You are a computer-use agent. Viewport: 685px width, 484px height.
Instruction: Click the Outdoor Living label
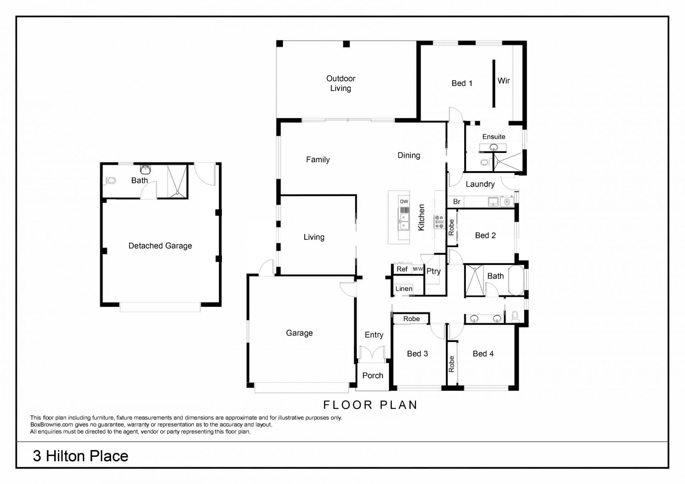click(x=341, y=83)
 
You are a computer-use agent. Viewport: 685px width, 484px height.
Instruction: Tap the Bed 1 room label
click(x=462, y=83)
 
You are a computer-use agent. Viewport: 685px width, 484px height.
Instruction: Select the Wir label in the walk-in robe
click(x=503, y=81)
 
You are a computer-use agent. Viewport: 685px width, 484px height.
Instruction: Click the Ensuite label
click(x=494, y=137)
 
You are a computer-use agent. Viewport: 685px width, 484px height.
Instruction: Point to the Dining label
click(x=409, y=156)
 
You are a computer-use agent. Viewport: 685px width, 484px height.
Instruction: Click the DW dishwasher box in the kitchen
click(x=404, y=202)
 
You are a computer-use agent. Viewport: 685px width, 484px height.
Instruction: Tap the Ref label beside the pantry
click(x=402, y=269)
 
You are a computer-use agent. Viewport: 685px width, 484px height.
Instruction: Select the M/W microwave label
click(x=418, y=269)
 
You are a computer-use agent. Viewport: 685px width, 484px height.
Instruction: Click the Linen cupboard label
click(x=404, y=289)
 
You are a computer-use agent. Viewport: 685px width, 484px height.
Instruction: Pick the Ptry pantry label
click(x=433, y=271)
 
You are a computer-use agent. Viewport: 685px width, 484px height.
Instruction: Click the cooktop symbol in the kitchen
click(x=439, y=221)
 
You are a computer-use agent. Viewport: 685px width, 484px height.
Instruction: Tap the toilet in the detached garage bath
click(x=111, y=180)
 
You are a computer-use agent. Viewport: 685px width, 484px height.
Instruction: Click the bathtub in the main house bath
click(x=516, y=280)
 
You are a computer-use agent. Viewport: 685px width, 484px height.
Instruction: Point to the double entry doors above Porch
click(x=372, y=352)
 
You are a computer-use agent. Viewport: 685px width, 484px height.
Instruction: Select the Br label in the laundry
click(x=457, y=202)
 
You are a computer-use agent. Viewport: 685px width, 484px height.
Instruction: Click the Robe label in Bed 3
click(x=411, y=319)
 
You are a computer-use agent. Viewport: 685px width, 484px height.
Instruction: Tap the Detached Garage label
click(x=160, y=246)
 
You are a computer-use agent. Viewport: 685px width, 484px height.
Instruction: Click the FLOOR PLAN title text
click(x=370, y=405)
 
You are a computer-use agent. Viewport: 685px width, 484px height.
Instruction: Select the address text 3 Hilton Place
click(x=81, y=456)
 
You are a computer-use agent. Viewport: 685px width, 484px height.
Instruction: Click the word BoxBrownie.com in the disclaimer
click(x=52, y=425)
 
